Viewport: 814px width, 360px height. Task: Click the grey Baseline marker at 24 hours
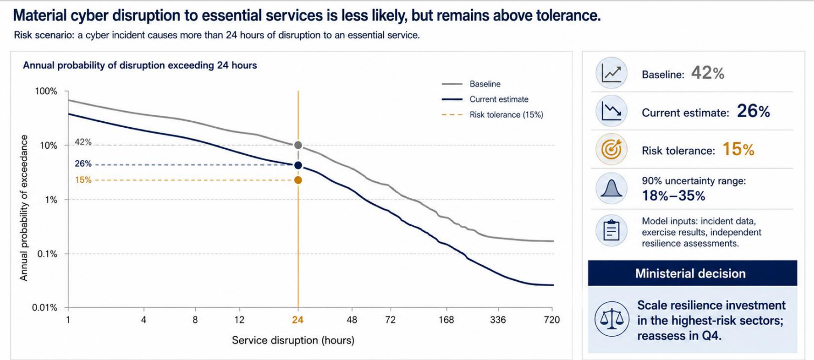(298, 146)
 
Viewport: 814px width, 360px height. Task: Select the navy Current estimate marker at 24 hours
(298, 165)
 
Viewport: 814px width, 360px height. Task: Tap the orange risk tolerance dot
(298, 180)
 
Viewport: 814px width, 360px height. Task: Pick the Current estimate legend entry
(485, 99)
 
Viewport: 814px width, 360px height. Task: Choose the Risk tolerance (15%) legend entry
(492, 115)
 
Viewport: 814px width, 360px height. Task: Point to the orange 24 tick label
(298, 320)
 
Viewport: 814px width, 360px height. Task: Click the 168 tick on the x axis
(446, 320)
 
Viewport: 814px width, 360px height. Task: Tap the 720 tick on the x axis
(551, 320)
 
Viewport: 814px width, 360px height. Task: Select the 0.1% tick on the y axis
(47, 254)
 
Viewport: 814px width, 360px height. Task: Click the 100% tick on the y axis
(46, 91)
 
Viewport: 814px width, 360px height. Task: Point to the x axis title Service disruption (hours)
(293, 341)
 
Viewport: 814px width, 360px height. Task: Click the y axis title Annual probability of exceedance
(24, 208)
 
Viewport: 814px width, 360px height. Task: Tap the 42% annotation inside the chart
(83, 142)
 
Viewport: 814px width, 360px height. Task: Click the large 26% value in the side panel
(753, 111)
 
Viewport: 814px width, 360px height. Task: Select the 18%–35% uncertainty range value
(673, 196)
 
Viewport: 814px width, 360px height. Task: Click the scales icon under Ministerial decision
(612, 319)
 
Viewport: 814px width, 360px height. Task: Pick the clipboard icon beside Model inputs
(612, 230)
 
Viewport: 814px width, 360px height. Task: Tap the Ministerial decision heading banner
(693, 273)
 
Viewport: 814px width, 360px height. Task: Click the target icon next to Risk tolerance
(612, 149)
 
